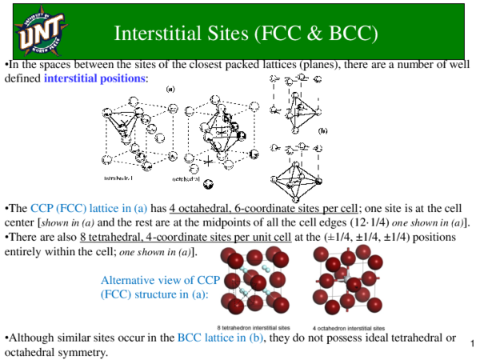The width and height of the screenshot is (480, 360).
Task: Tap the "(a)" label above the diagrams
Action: tap(170, 90)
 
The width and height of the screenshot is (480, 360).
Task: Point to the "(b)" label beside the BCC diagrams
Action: tap(323, 130)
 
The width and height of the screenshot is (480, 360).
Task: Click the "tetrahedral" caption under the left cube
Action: tap(121, 176)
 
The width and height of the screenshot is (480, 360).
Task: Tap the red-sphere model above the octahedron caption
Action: tap(346, 282)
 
